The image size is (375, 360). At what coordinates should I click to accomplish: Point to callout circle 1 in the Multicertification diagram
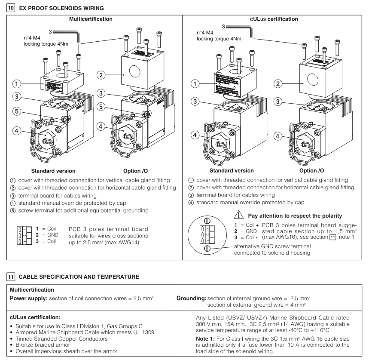pos(16,83)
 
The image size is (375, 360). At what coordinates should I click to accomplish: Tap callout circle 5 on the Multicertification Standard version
pos(16,111)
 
